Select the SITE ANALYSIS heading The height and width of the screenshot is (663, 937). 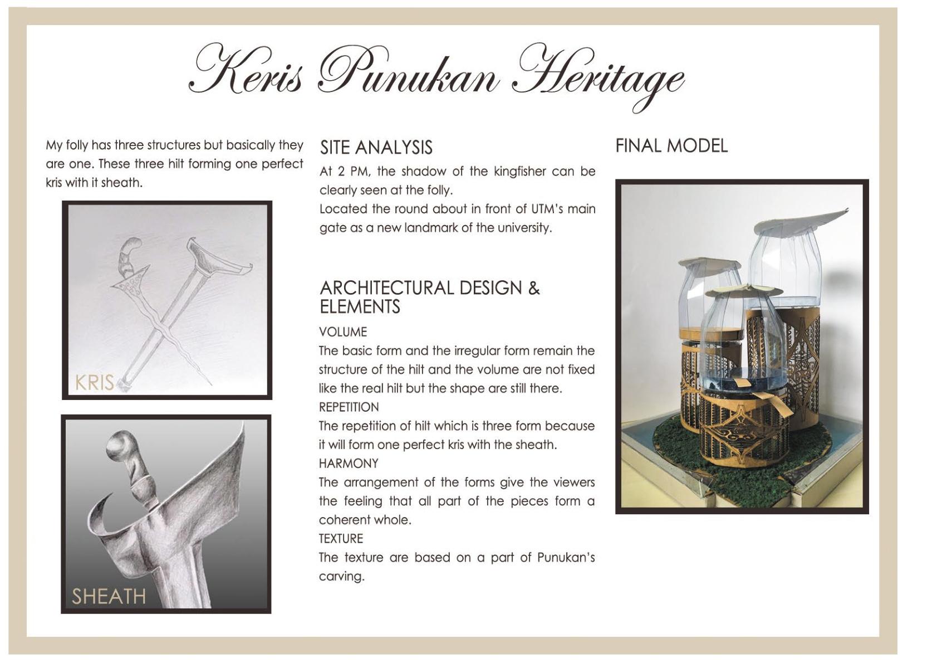coord(376,148)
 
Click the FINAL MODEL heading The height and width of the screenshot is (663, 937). coord(671,146)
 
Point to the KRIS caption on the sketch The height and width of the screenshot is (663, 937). coord(95,383)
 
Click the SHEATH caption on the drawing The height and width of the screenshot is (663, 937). coord(109,597)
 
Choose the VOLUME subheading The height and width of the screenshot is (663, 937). coord(343,332)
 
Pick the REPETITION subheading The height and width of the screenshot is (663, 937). coord(349,407)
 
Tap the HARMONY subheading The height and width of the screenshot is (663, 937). coord(349,464)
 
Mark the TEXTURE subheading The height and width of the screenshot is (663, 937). coord(341,539)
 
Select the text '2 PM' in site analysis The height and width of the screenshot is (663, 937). coord(351,172)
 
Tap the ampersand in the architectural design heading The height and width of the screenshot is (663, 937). coord(533,289)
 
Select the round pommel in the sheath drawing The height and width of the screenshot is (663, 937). coord(120,446)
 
